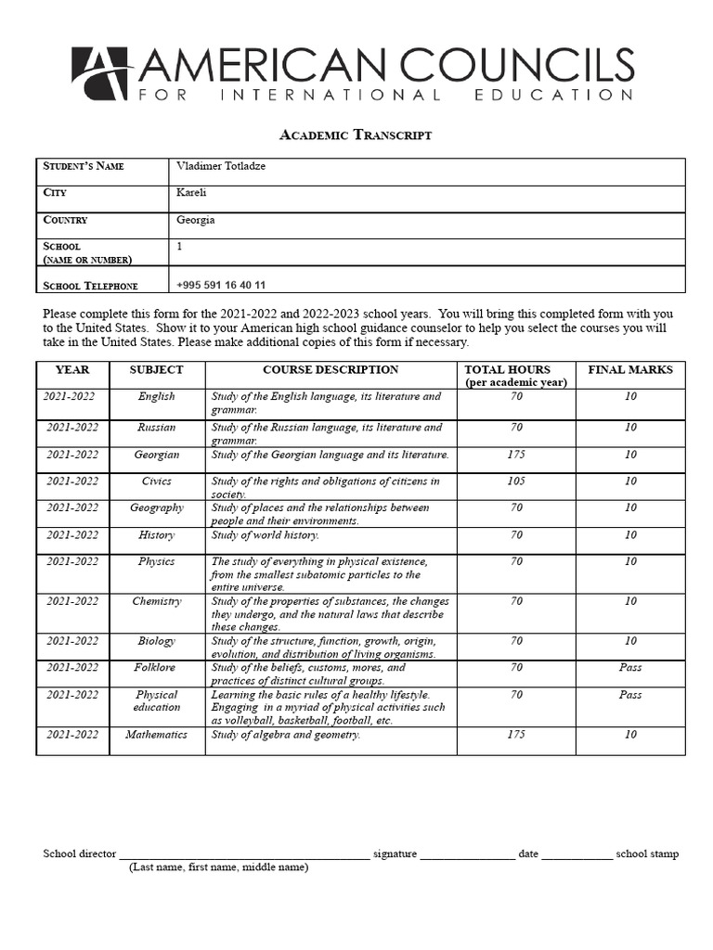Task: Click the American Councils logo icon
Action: point(101,73)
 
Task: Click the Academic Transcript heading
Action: point(356,135)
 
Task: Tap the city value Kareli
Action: point(191,193)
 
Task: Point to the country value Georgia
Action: point(195,220)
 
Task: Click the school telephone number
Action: point(220,286)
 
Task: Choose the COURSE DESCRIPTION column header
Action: point(331,370)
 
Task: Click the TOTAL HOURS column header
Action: point(515,375)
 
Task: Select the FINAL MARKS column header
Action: point(630,370)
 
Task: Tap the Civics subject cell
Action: point(156,481)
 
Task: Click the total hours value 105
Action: point(516,481)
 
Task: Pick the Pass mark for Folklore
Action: point(630,668)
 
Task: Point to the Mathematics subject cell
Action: point(156,735)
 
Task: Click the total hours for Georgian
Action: point(516,455)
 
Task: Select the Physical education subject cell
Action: point(156,700)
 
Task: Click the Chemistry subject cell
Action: point(156,601)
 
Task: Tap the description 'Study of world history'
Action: point(266,535)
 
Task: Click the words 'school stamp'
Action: point(647,854)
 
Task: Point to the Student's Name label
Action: point(84,166)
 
